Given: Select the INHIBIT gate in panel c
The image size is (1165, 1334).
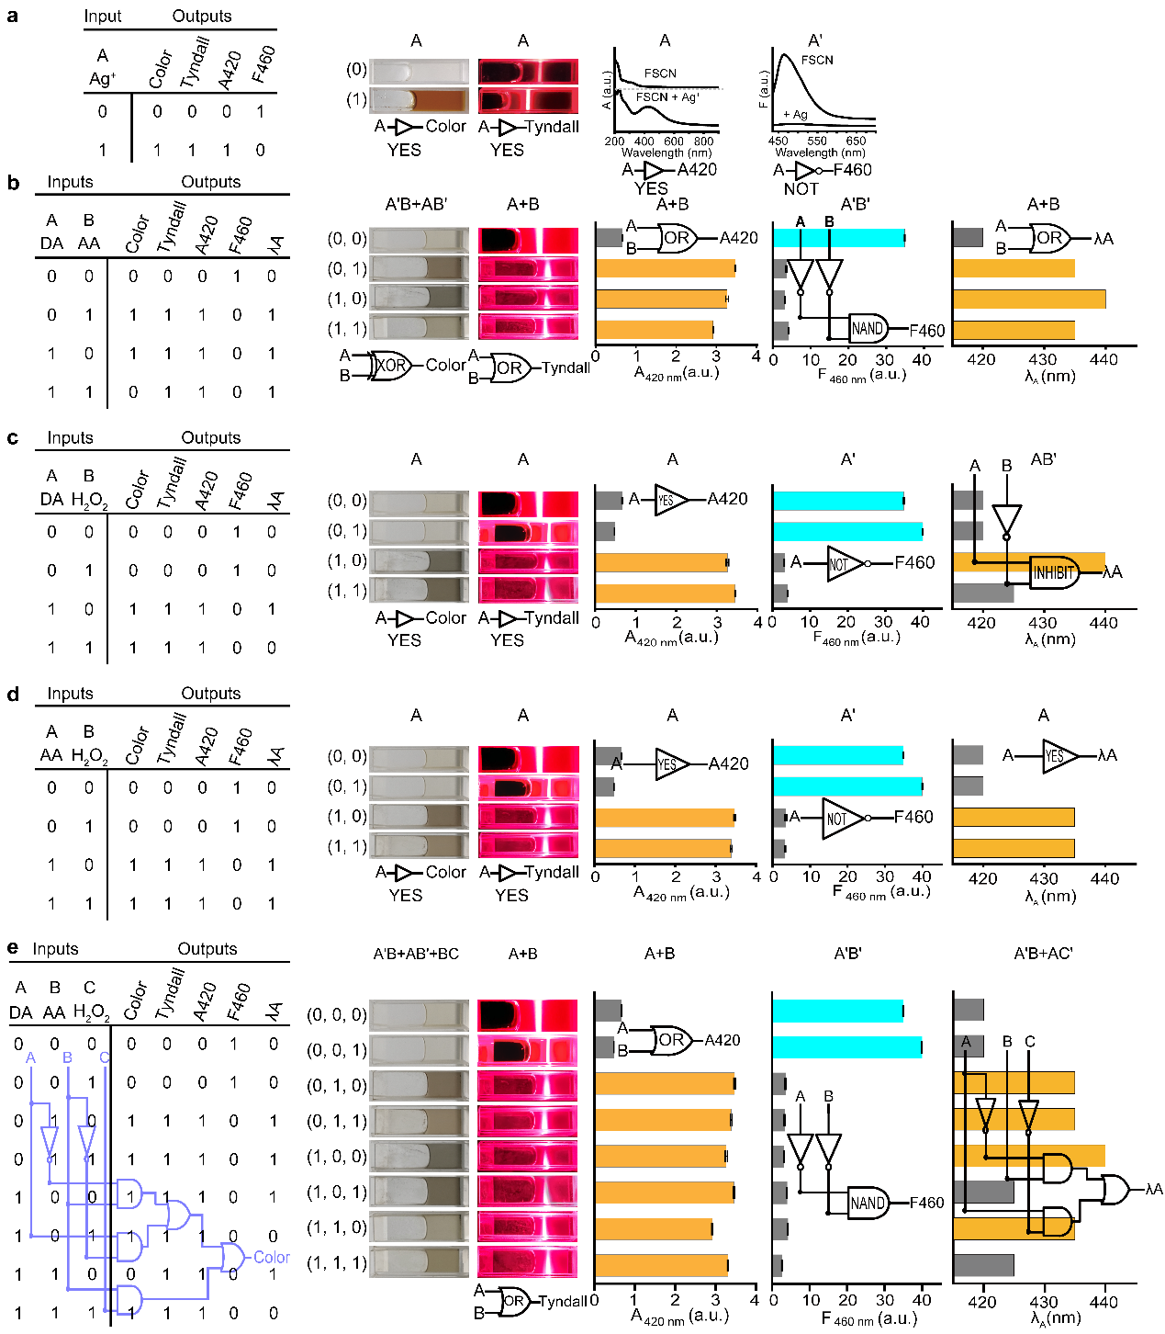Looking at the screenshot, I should click(x=1054, y=572).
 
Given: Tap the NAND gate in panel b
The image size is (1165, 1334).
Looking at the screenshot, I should click(x=868, y=329).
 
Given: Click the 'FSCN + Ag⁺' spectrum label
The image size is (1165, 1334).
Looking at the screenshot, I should click(x=667, y=96).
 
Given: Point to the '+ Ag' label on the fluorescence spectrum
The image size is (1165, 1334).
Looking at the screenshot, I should click(x=795, y=115).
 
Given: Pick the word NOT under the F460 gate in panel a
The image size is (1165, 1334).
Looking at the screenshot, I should click(x=801, y=188).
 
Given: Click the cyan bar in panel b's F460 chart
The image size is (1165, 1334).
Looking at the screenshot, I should click(x=838, y=238).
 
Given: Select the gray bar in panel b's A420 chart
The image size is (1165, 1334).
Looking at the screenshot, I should click(x=609, y=238).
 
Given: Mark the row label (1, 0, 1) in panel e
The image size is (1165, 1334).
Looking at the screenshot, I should click(x=337, y=1192).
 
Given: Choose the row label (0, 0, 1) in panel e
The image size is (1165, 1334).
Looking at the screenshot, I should click(x=337, y=1050).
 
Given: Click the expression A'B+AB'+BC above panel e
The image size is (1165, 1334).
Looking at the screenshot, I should click(x=416, y=954).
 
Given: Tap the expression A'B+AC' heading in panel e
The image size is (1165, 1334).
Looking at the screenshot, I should click(x=1043, y=954).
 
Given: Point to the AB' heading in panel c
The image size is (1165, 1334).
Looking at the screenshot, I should click(x=1043, y=459).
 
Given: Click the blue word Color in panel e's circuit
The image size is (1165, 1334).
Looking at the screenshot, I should click(x=272, y=1257).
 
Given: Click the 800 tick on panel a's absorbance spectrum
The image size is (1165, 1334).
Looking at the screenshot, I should click(x=703, y=141).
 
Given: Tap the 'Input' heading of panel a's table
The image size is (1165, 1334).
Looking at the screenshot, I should click(x=103, y=17).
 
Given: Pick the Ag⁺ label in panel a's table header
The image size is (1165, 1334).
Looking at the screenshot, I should click(x=103, y=79).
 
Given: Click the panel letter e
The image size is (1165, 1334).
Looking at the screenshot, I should click(x=12, y=948).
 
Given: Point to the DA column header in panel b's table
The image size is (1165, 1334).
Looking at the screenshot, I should click(x=51, y=243).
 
